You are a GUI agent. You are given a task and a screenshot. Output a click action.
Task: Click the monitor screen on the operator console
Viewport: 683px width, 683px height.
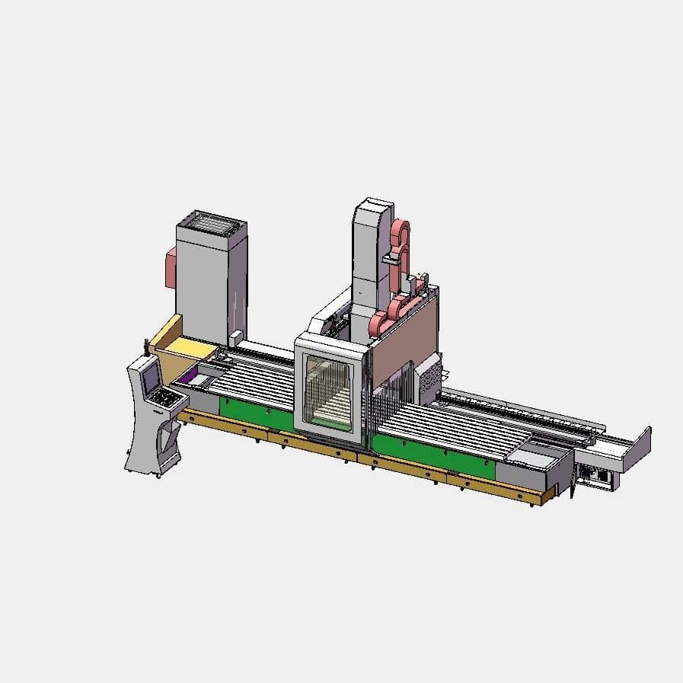tap(151, 375)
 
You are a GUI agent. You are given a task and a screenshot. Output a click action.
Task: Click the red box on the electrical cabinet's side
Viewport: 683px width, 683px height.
tap(171, 266)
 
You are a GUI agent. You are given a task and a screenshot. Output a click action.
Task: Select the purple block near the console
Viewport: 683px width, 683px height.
tap(187, 378)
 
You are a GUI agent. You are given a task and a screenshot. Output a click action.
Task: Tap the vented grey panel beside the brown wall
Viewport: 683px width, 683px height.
tap(429, 378)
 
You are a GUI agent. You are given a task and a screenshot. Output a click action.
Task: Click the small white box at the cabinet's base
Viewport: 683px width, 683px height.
tap(236, 336)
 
